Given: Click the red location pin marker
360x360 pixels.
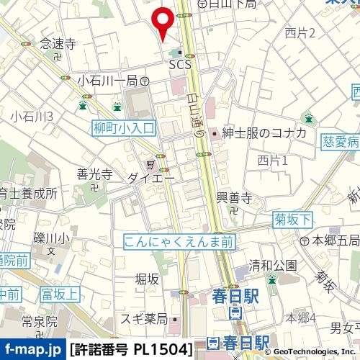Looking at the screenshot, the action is coord(163,21).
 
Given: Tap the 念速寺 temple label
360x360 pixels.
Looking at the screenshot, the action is coord(58,44).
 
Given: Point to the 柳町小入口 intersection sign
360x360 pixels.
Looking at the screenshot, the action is coord(124,127).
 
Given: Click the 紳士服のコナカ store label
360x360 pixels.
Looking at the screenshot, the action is coord(264,133).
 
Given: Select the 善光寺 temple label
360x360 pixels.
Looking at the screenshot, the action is coord(94,174).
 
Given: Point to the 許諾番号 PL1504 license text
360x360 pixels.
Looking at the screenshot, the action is coord(131,350).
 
